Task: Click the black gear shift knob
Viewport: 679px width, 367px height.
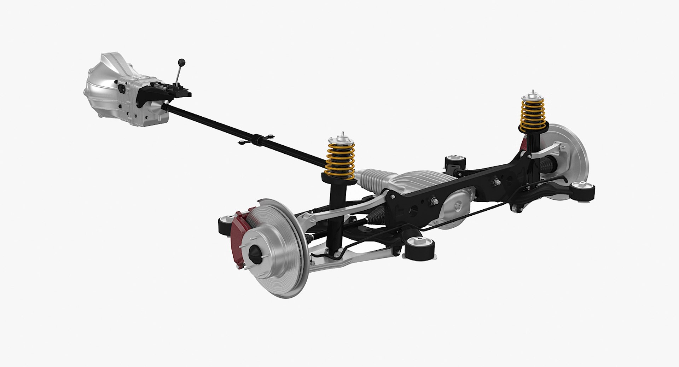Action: click(181, 62)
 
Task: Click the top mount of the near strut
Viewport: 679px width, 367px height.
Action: click(341, 138)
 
